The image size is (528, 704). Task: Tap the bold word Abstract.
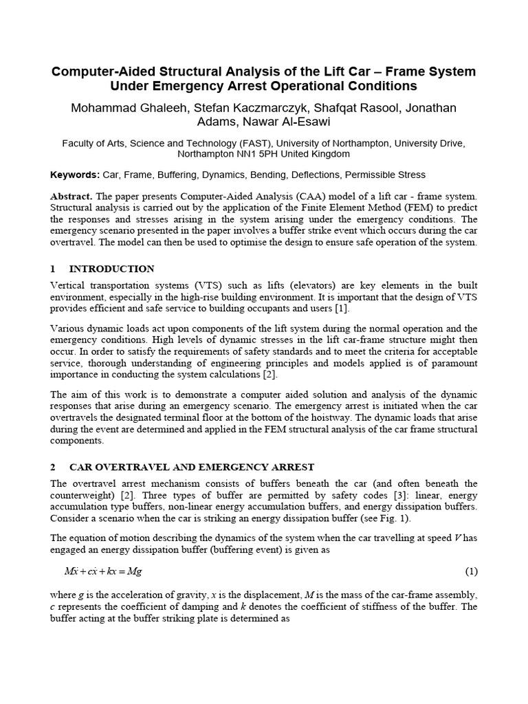[x=73, y=197]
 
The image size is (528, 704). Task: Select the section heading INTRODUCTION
[x=113, y=269]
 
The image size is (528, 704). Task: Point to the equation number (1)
[x=471, y=571]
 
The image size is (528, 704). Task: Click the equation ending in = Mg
[x=103, y=571]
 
